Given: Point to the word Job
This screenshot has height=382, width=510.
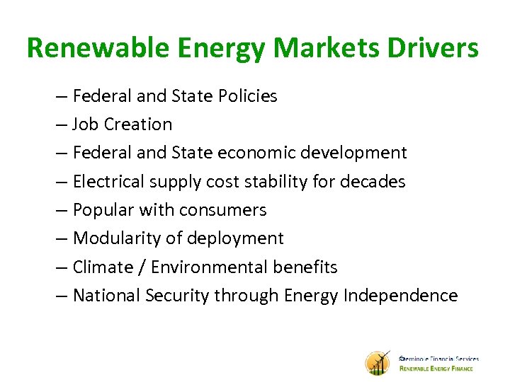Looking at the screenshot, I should [x=86, y=125].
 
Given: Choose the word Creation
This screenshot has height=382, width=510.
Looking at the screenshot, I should [x=138, y=125].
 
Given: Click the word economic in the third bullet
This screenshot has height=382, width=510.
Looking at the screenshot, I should [x=261, y=153].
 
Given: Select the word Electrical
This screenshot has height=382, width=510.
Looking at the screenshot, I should [x=111, y=182].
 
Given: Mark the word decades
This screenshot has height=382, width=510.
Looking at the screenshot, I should [x=373, y=182].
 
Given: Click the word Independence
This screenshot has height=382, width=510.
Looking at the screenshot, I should [x=400, y=296].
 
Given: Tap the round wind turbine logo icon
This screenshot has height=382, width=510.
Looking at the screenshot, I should [x=378, y=363].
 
